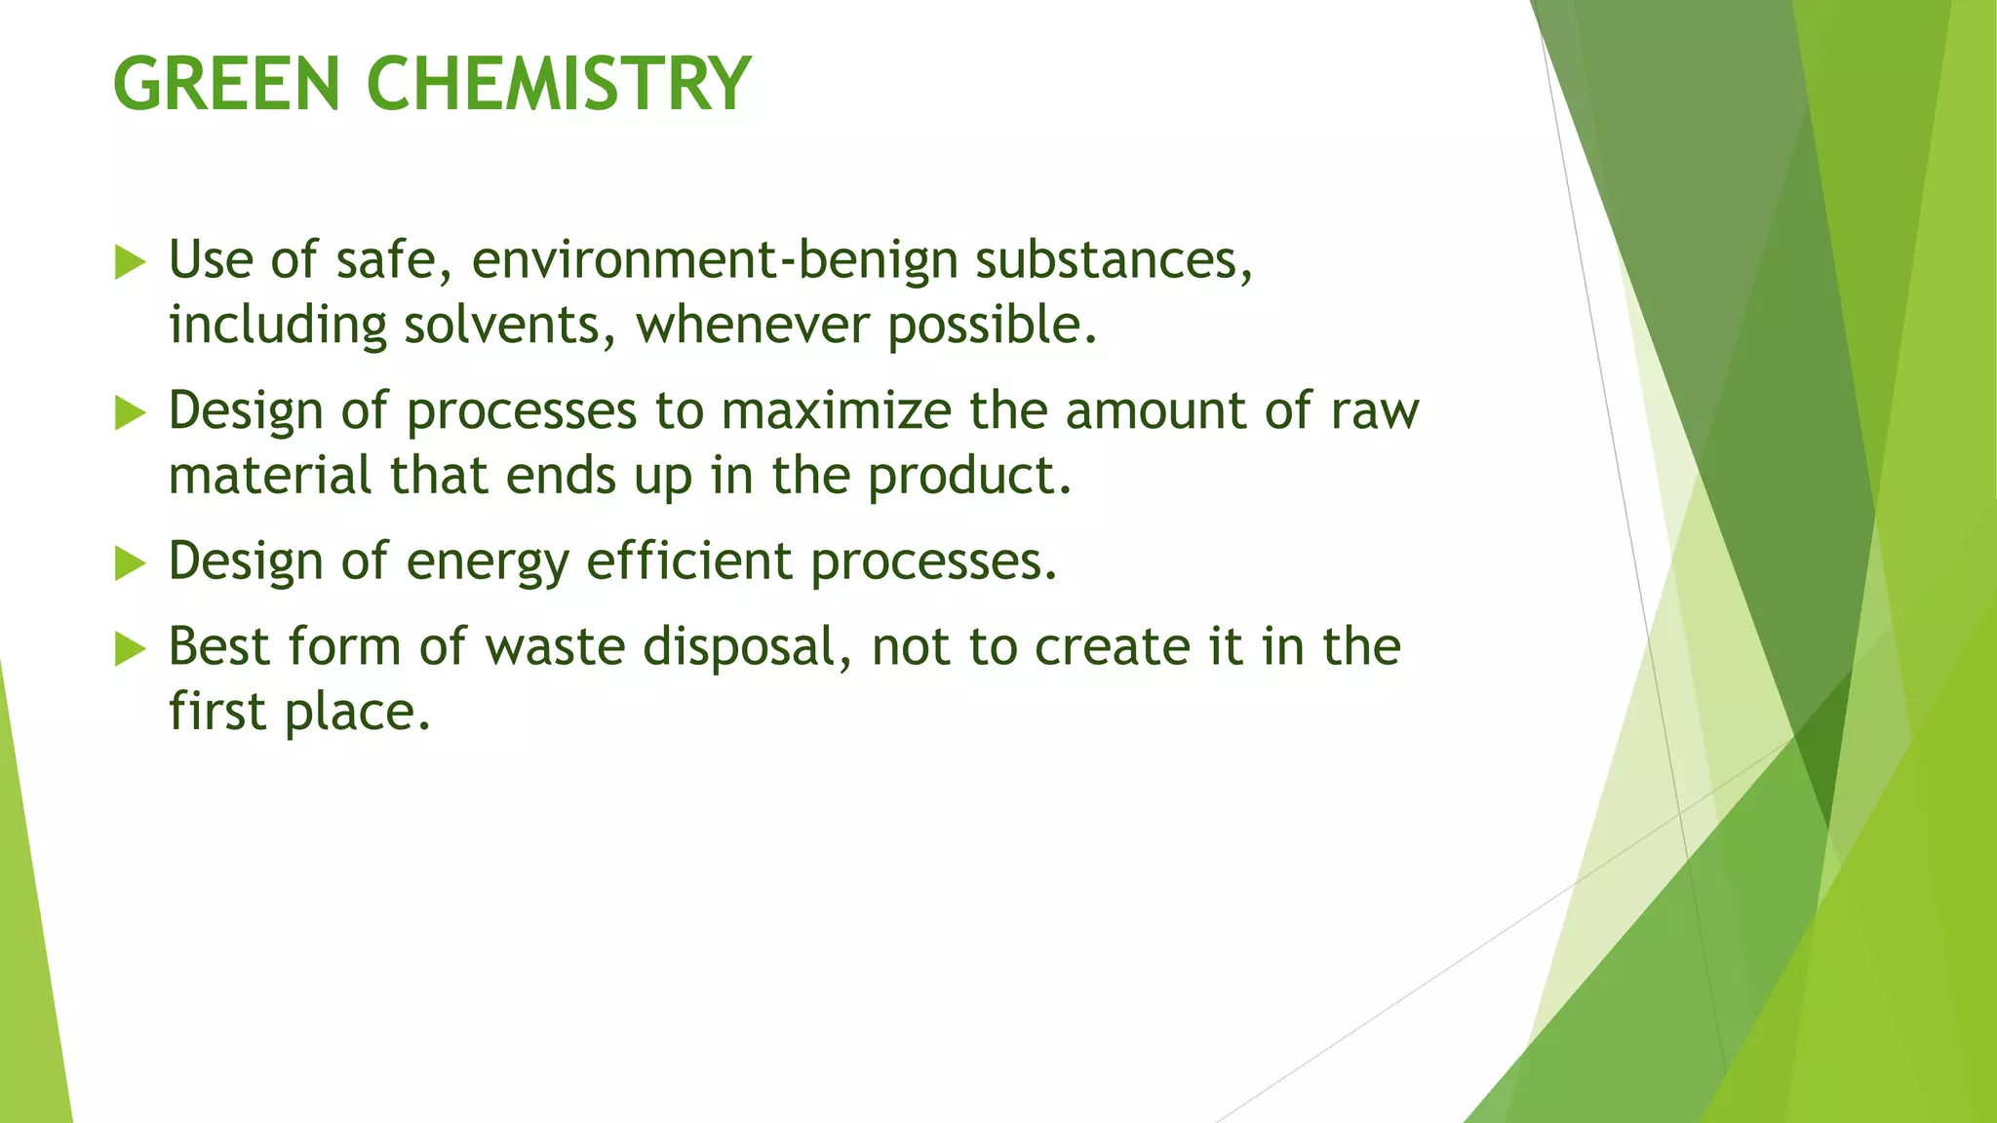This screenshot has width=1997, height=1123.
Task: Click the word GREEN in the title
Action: [226, 84]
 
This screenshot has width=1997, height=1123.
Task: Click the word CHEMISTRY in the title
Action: [558, 84]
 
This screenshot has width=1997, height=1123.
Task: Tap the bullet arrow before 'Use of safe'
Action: [130, 262]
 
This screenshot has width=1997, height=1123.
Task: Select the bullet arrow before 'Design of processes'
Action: [130, 413]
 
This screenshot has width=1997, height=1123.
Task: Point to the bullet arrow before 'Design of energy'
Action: [130, 563]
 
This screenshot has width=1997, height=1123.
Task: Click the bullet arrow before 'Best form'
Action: [130, 649]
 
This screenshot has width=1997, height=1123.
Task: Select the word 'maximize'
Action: [836, 411]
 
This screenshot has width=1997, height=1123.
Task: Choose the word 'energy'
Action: [487, 563]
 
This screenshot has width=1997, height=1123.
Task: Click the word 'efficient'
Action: [689, 561]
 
